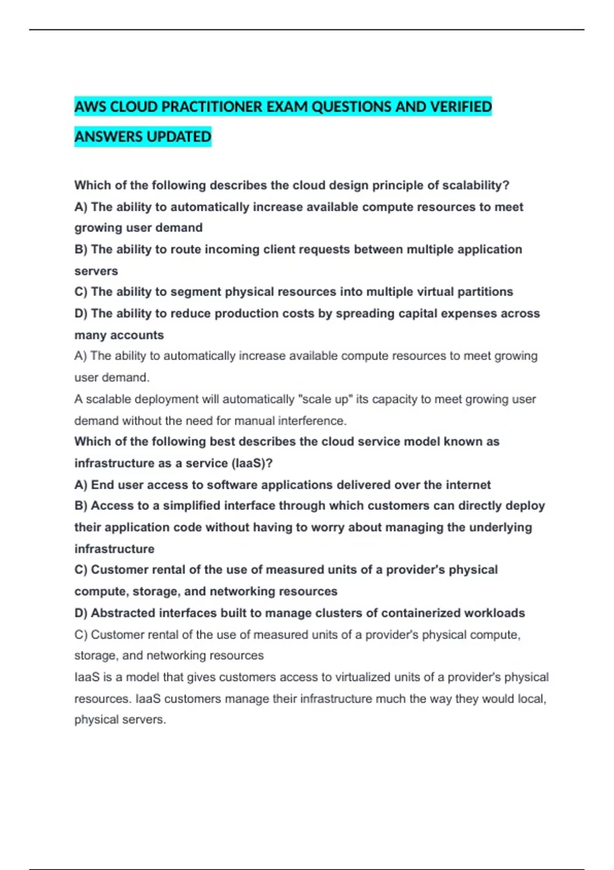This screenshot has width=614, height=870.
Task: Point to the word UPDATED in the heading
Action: tap(179, 137)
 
